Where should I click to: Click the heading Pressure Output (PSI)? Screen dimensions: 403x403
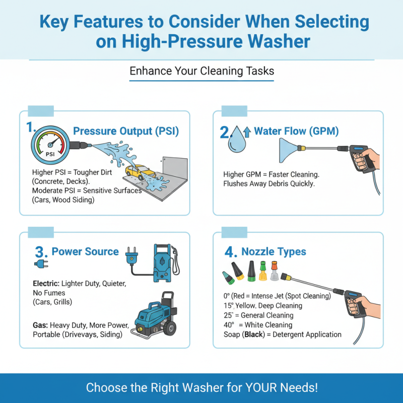pyautogui.click(x=126, y=131)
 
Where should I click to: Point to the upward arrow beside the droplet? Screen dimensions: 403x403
pyautogui.click(x=247, y=132)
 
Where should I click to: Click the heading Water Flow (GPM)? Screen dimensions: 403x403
pyautogui.click(x=296, y=131)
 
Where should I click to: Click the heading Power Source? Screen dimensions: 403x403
pyautogui.click(x=85, y=251)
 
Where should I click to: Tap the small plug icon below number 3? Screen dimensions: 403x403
pyautogui.click(x=40, y=264)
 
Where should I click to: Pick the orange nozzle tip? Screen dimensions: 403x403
pyautogui.click(x=274, y=266)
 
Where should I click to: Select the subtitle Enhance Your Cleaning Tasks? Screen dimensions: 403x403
pyautogui.click(x=201, y=71)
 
